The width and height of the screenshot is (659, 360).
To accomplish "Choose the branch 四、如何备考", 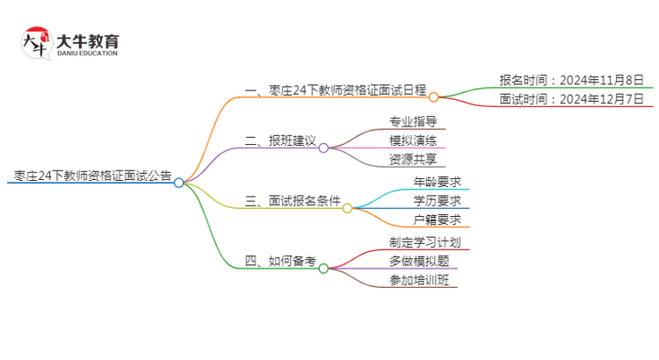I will click(x=279, y=261).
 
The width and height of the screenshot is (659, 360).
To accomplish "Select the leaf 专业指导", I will click(x=413, y=121).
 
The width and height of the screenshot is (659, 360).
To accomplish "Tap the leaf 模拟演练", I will click(x=413, y=140).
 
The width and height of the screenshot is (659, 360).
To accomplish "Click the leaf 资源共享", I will click(x=413, y=160).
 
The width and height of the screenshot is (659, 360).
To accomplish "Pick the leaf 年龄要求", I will click(x=438, y=182).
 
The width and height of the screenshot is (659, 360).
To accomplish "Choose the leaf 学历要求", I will click(x=438, y=201).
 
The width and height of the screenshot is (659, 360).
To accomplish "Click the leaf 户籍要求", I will click(x=438, y=220).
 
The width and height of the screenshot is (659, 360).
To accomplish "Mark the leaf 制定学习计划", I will click(x=424, y=241).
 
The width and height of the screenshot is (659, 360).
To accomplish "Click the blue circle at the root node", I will click(x=178, y=183).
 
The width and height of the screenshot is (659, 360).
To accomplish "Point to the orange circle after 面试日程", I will click(x=434, y=97).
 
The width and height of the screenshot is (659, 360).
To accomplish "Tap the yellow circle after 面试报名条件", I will click(x=347, y=208).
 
